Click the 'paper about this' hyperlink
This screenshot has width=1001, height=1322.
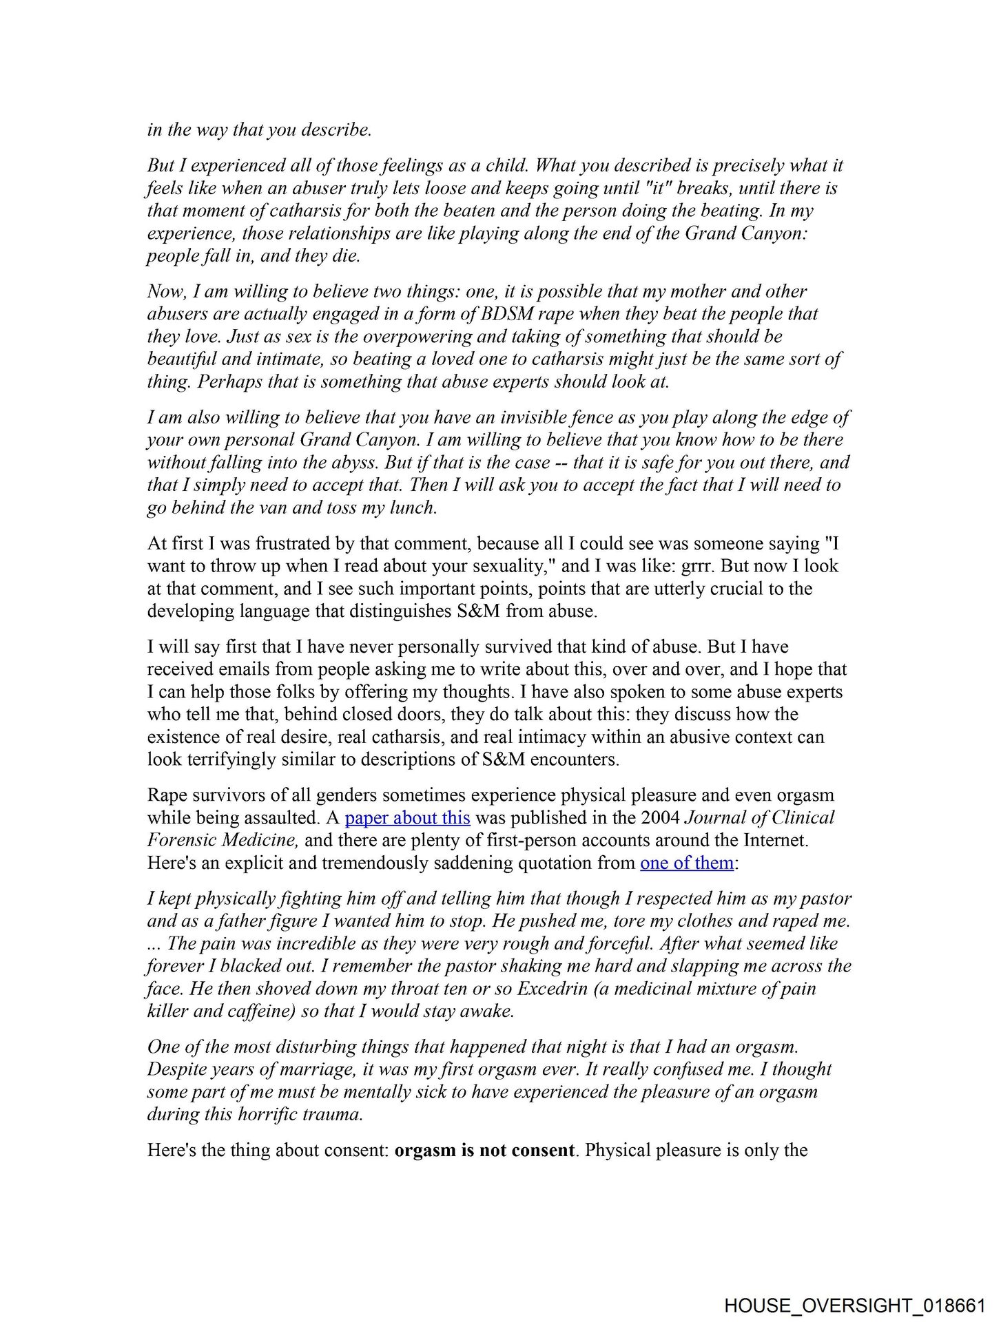tap(407, 818)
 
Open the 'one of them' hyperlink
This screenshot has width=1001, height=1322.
tap(686, 863)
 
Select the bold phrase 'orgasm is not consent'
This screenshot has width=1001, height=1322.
tap(484, 1151)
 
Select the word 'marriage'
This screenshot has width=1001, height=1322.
tap(316, 1069)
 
